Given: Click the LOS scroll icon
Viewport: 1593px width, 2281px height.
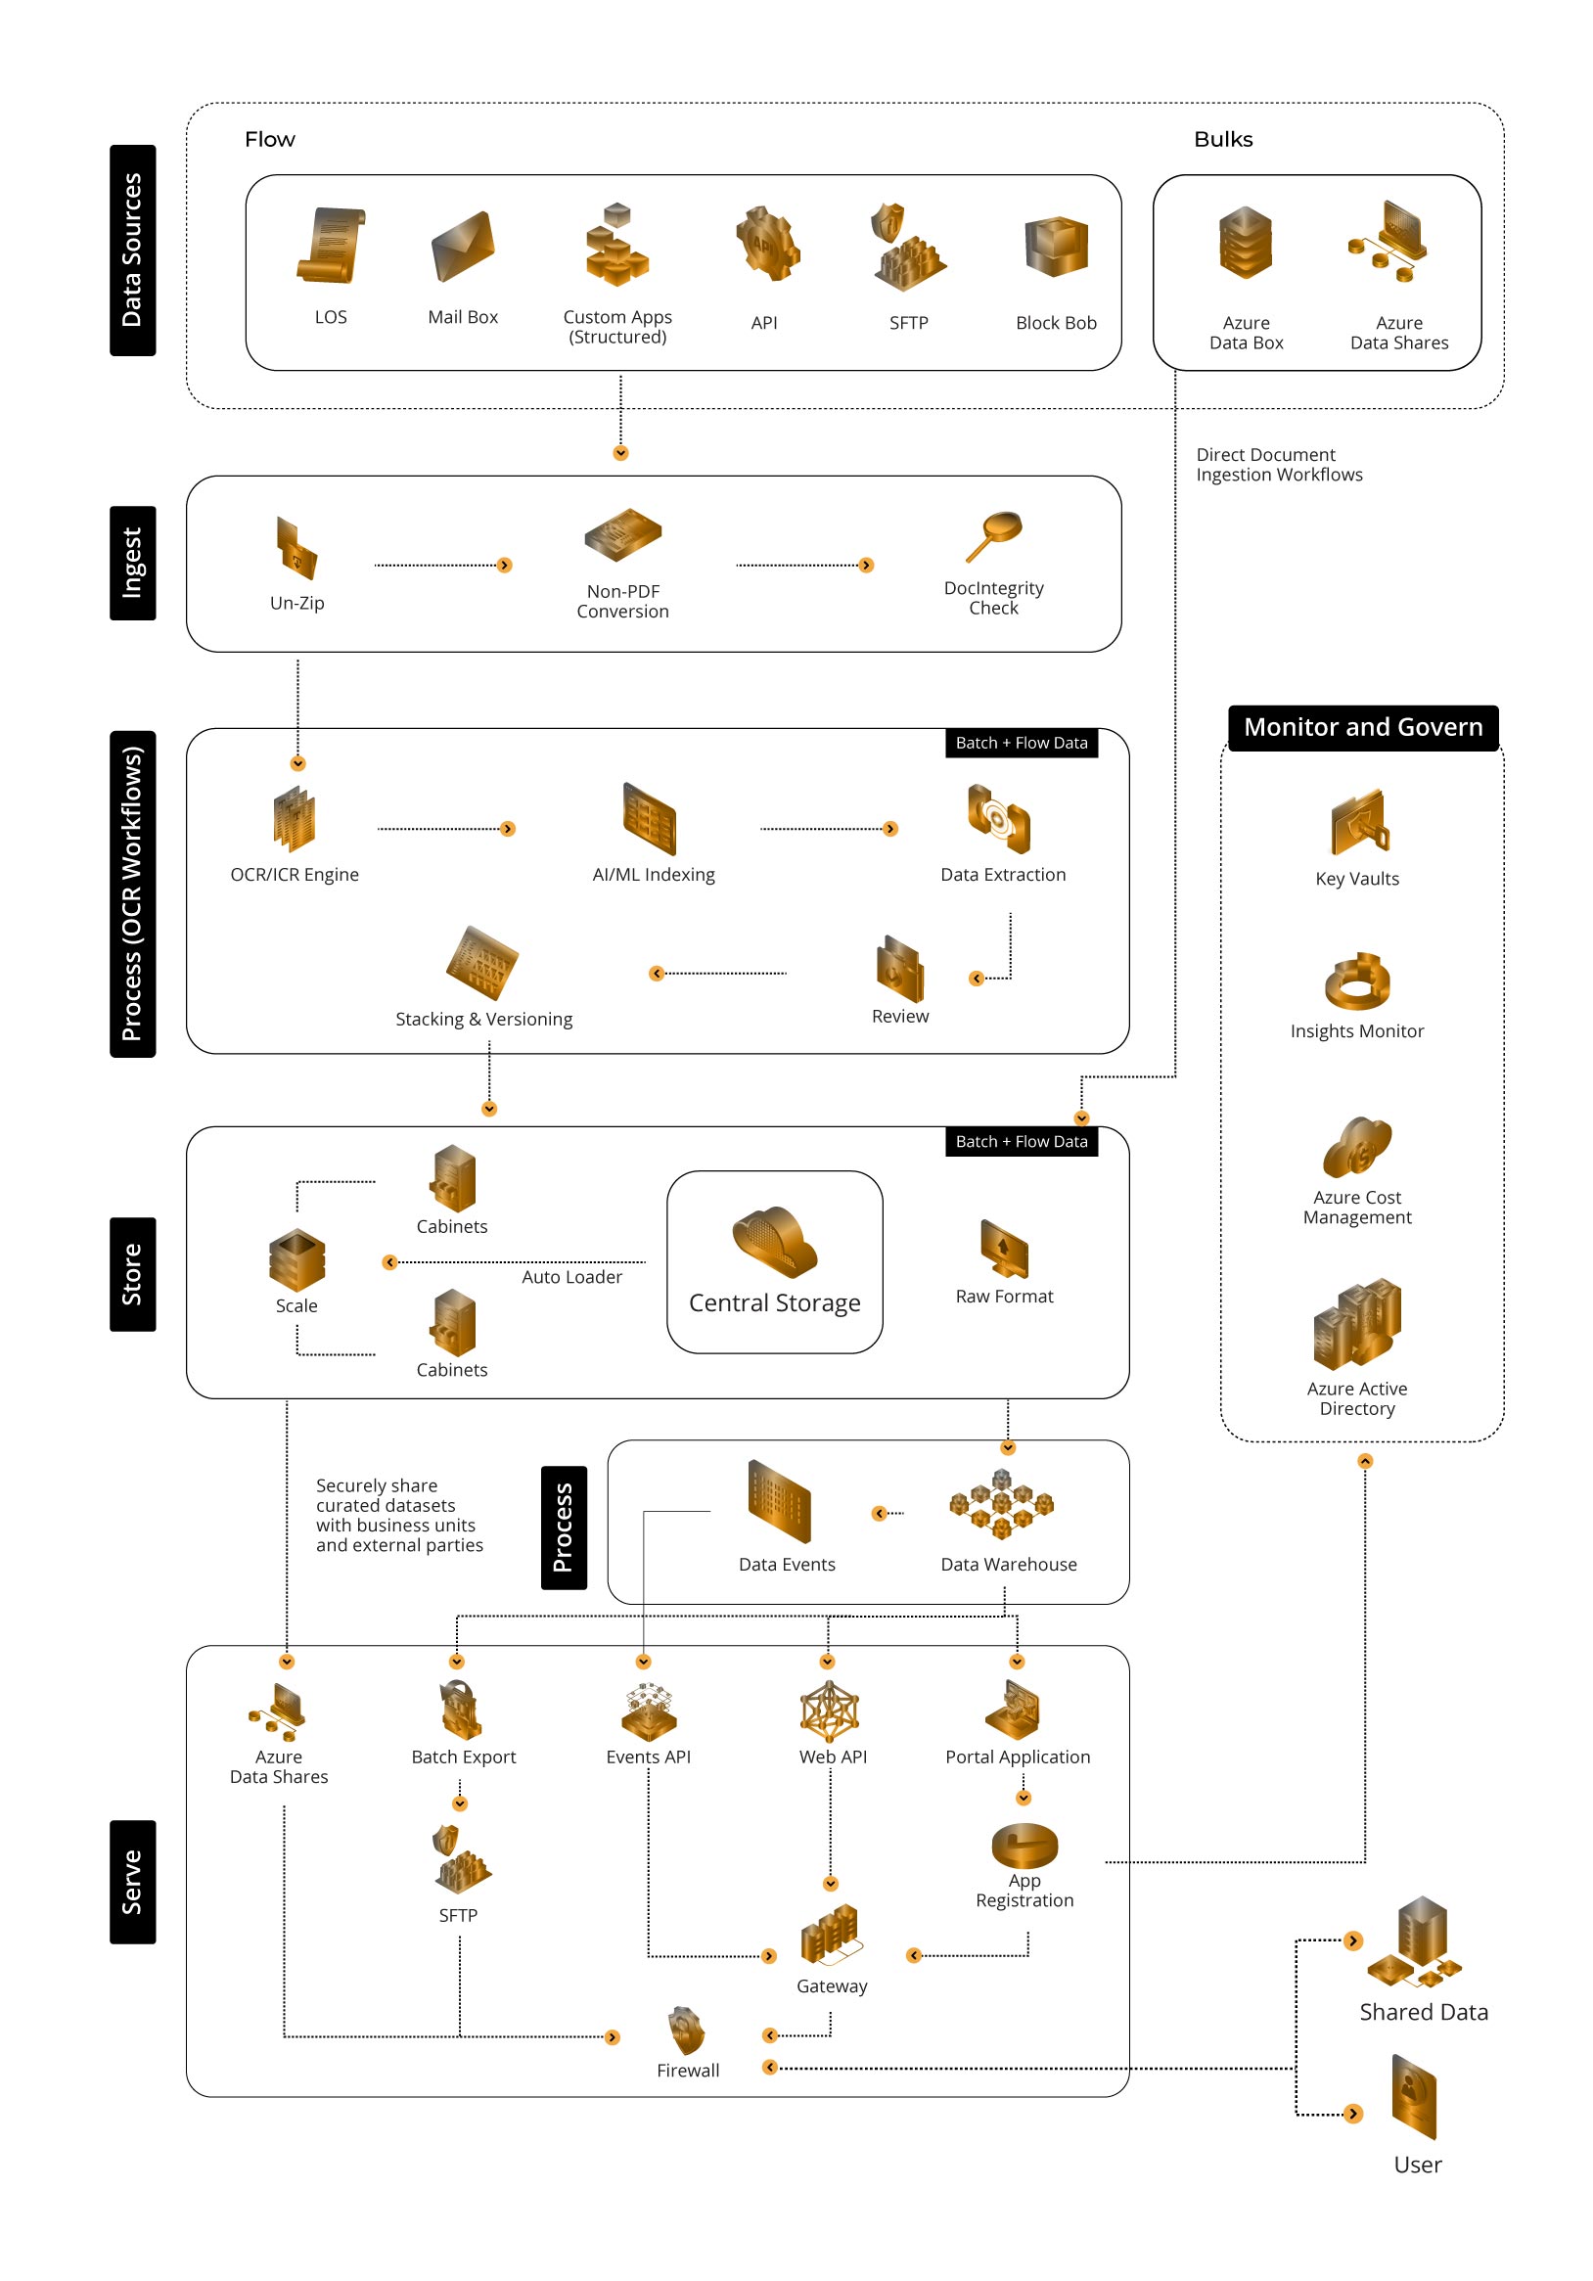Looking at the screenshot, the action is tap(331, 246).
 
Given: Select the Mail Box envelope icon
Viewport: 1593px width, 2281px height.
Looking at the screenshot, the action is tap(463, 246).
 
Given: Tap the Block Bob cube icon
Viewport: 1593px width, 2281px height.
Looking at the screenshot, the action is tap(1056, 247).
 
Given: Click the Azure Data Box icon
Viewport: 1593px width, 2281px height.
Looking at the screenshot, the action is tap(1246, 243).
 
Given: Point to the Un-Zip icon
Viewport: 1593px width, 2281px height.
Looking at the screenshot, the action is tap(296, 547).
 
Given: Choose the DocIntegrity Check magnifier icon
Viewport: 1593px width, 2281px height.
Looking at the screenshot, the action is tap(993, 536).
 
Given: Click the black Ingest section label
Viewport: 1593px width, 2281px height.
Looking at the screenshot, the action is tap(132, 564).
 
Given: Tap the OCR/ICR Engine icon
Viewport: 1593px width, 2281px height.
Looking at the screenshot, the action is tap(294, 820).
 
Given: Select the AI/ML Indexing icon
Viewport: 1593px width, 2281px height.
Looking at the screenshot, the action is tap(649, 819).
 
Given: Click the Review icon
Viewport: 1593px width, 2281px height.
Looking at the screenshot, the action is tap(900, 969).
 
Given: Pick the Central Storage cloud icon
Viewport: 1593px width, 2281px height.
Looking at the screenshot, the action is tap(775, 1242).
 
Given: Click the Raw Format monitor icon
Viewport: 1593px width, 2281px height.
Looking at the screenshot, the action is tap(1004, 1249).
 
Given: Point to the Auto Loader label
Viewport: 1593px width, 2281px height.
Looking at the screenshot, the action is tap(572, 1277).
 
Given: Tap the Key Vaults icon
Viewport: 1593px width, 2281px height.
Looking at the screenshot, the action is tap(1359, 823).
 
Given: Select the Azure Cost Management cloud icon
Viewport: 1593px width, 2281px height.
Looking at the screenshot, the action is tap(1356, 1147).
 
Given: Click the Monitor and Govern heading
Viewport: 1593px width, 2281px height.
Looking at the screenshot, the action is tap(1363, 727).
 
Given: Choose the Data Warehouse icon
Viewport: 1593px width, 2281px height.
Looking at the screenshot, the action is tap(1001, 1505).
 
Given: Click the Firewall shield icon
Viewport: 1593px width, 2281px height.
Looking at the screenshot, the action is tap(686, 2030).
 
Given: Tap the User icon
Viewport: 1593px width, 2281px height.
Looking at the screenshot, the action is tap(1414, 2097).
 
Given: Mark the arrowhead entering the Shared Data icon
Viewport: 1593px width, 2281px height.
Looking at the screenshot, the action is tap(1352, 1940).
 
